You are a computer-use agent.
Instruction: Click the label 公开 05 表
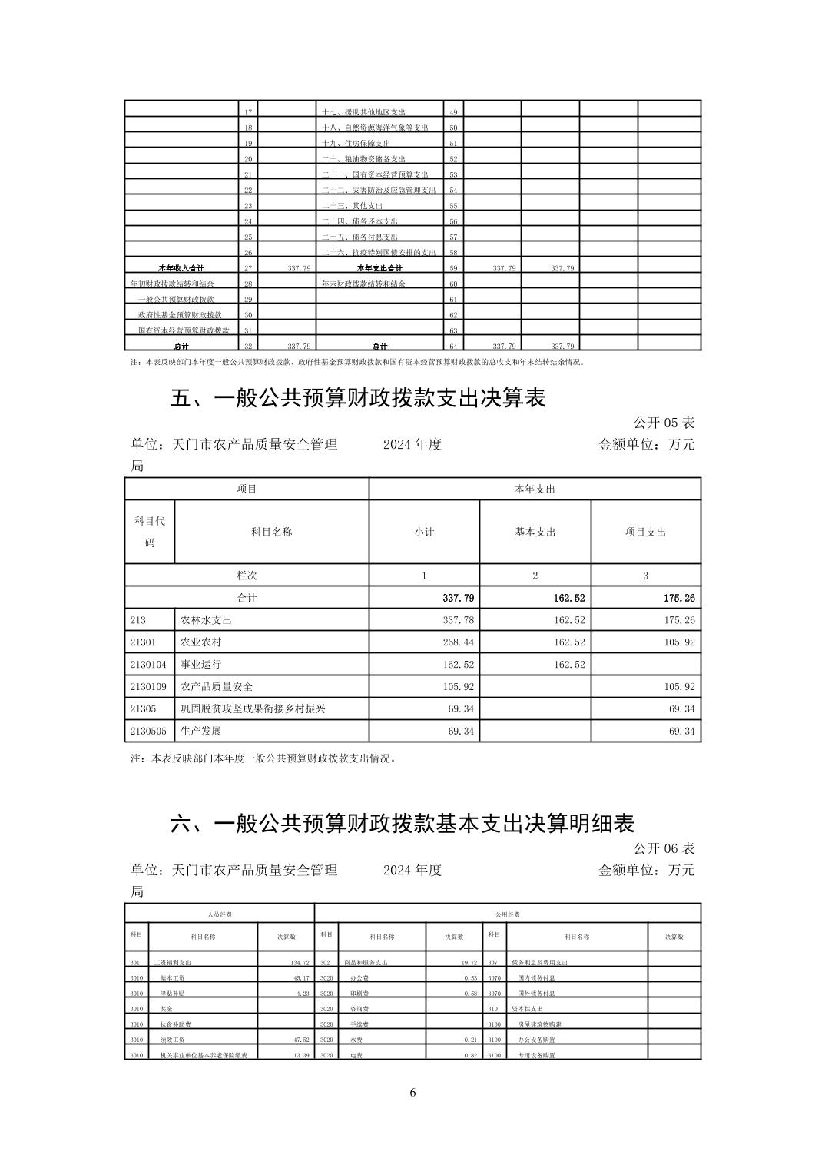(x=664, y=423)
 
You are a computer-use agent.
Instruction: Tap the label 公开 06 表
(x=664, y=848)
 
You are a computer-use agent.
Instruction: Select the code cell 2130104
(x=148, y=664)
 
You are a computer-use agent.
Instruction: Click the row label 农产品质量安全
(x=217, y=686)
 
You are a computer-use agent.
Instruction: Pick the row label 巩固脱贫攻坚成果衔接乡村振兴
(x=253, y=708)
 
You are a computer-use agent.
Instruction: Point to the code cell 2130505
(x=148, y=731)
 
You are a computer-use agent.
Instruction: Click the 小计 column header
(x=424, y=532)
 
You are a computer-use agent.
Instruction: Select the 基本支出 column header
(x=535, y=532)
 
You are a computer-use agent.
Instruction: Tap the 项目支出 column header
(x=645, y=532)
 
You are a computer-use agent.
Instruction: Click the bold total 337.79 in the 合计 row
(x=459, y=598)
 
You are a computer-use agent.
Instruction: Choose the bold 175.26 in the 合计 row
(x=679, y=598)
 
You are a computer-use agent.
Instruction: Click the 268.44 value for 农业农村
(x=459, y=642)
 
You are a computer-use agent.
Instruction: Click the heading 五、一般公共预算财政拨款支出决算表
(x=357, y=398)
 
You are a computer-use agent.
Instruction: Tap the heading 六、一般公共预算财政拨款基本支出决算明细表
(x=402, y=824)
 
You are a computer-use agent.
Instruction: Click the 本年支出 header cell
(x=535, y=489)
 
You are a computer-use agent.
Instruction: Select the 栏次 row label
(x=247, y=576)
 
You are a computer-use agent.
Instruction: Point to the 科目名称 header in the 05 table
(x=271, y=532)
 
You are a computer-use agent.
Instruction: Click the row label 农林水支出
(x=206, y=619)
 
